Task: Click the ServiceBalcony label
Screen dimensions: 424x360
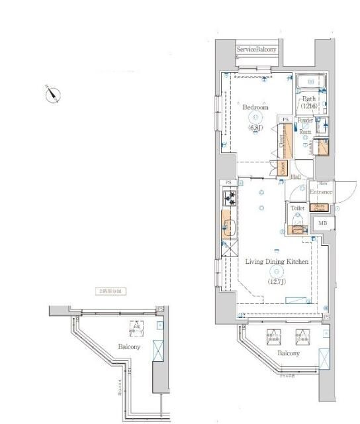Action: click(x=257, y=50)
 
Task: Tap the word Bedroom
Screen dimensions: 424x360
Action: click(x=255, y=107)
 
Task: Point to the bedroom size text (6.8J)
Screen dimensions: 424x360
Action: click(x=255, y=127)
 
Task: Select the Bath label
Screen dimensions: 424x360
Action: click(x=310, y=99)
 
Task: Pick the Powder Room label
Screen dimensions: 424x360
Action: click(x=305, y=126)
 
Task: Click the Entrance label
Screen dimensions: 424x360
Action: click(x=321, y=192)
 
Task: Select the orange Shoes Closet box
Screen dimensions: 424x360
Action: click(x=320, y=207)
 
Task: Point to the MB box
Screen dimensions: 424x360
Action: click(x=322, y=223)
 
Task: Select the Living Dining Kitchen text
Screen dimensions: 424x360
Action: click(x=277, y=262)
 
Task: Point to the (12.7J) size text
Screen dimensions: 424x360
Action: click(x=276, y=282)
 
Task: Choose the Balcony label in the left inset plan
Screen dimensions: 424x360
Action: click(x=129, y=347)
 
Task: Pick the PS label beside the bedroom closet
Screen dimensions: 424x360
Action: click(x=285, y=119)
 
